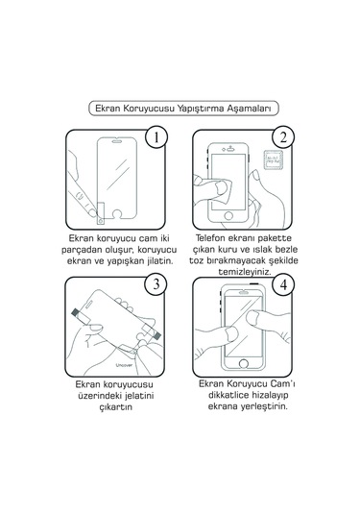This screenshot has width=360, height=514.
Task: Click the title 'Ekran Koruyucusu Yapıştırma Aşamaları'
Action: click(180, 109)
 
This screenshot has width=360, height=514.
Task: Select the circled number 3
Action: click(155, 284)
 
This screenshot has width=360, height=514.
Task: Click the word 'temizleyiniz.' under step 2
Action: click(244, 272)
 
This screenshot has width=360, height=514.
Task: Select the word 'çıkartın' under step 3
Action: click(113, 433)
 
